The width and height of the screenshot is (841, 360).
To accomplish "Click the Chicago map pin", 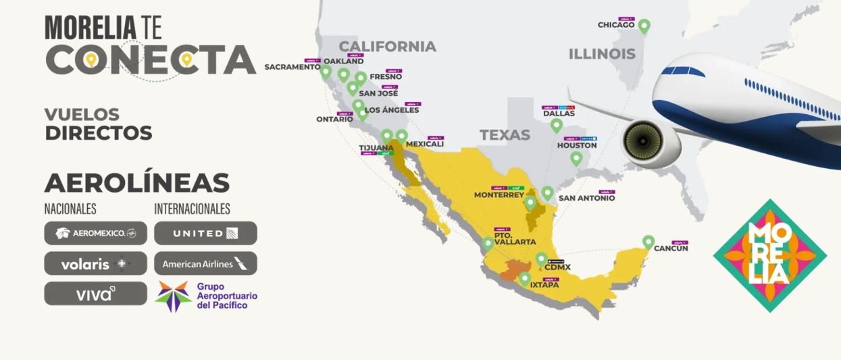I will pos(644,26).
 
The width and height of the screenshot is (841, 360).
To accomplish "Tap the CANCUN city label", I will pos(670,249).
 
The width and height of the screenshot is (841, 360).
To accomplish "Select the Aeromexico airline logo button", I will pos(95,233).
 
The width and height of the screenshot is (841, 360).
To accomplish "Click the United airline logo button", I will pos(205,233).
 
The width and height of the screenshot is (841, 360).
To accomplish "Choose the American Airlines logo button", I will pos(205,263).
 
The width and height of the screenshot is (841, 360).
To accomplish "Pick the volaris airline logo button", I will pos(95,263).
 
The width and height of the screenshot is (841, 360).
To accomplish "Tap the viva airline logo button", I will pos(95,293).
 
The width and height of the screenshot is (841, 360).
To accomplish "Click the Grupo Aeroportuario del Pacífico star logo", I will pos(172,296).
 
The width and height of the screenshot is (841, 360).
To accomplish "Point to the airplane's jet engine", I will pos(642,143).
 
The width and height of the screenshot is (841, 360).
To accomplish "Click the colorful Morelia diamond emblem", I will pos(769,255).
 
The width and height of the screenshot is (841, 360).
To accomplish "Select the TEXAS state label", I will pos(505,135).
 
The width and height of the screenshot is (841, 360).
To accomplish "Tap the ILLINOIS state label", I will pos(601,54).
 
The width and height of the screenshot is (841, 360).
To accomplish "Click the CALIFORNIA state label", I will pos(387,47).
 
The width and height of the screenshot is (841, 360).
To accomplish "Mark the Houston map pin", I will pos(576,158).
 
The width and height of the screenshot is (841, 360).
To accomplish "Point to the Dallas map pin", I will pos(556,125).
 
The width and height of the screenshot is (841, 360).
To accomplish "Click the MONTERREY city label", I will pos(499,195).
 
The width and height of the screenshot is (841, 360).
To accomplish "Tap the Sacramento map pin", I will pos(326,71).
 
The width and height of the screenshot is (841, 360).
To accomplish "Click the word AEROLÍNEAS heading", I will pos(136,183).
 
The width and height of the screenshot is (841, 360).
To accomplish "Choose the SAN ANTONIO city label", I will pos(586,199).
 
